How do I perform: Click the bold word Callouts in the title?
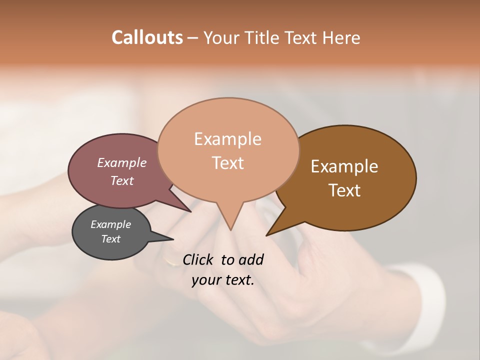[147, 37]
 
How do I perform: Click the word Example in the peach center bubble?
[227, 139]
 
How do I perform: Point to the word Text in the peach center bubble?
[227, 163]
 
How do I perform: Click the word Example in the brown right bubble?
[344, 166]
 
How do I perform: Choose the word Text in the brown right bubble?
[344, 190]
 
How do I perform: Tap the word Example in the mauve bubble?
[121, 162]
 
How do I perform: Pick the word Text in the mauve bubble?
[121, 180]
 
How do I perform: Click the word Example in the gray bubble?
[110, 224]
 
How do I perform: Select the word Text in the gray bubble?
[110, 239]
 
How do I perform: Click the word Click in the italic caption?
[198, 259]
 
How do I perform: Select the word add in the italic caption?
[251, 259]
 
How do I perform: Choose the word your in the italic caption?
[204, 280]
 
